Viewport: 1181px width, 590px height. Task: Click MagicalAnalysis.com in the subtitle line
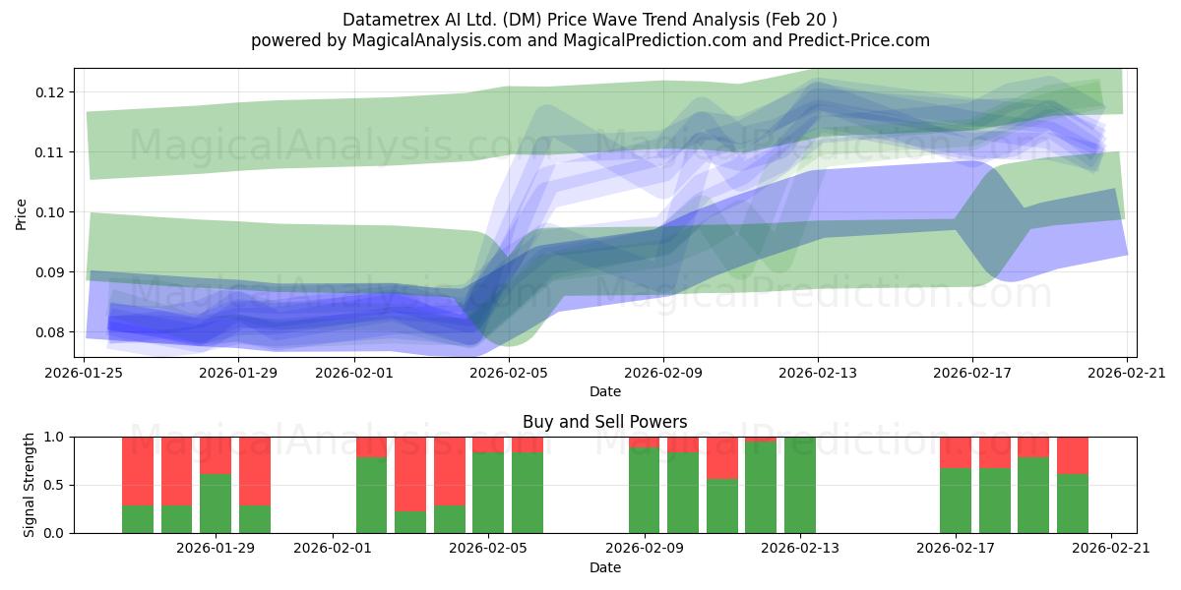coord(437,40)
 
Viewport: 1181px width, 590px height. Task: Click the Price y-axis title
coord(21,214)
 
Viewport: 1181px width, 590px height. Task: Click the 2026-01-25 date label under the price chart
coord(84,373)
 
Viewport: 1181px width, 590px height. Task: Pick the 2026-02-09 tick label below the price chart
coord(663,373)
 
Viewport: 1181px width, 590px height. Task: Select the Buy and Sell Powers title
coord(604,422)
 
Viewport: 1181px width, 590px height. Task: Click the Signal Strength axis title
coord(29,485)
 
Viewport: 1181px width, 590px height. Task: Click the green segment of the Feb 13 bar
coord(800,485)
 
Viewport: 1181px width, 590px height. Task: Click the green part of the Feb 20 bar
coord(1073,503)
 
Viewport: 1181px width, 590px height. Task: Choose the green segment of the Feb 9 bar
coord(644,491)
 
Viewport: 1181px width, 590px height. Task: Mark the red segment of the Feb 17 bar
coord(956,452)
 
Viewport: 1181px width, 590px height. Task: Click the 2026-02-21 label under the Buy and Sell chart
coord(1111,549)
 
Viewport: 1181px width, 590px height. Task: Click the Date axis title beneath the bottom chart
coord(604,568)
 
